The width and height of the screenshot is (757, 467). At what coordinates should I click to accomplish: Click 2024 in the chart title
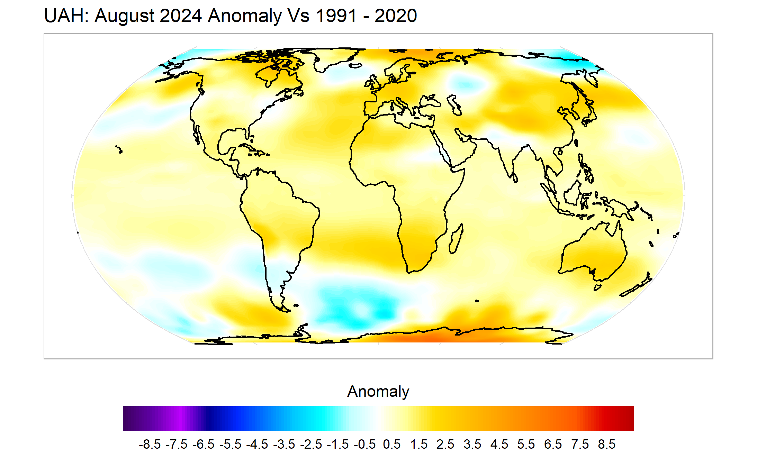pos(180,16)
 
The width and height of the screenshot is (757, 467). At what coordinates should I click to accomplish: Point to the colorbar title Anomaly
pos(378,392)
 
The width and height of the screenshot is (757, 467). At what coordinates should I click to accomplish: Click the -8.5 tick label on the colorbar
pos(150,445)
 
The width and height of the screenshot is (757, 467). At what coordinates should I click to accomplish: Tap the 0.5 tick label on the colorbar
pos(391,445)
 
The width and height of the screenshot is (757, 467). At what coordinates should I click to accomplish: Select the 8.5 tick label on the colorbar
pos(607,445)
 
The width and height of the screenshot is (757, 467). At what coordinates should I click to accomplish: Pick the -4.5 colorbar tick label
pos(257,445)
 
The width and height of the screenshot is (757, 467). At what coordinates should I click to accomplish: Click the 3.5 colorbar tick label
pos(472,445)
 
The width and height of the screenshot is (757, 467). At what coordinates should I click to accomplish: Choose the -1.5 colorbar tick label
pos(338,445)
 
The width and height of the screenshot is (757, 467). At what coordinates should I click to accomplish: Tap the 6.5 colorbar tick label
pos(553,445)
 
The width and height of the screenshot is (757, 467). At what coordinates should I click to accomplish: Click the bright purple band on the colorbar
pos(181,419)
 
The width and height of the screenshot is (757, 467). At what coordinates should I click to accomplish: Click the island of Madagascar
pos(456,239)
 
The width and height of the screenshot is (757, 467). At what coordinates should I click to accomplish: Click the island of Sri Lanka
pos(515,178)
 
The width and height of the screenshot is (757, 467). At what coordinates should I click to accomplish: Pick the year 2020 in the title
pos(396,16)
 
